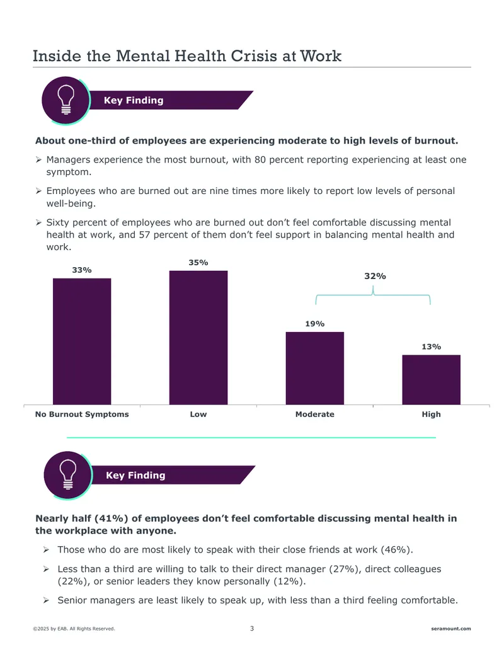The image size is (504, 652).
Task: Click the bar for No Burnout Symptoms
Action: point(82,341)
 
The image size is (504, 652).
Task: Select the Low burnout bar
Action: point(198,338)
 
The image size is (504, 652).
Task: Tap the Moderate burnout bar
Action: point(315,369)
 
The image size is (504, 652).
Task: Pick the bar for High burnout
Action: point(431,380)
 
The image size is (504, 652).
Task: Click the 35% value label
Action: point(198,263)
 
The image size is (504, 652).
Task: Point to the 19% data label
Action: point(315,324)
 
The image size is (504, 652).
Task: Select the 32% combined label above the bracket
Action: point(375,276)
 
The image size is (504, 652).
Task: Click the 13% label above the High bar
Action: point(431,347)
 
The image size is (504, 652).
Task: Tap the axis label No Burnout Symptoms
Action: point(82,415)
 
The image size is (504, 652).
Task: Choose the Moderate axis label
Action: point(315,415)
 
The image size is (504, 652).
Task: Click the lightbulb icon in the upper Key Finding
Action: point(66,100)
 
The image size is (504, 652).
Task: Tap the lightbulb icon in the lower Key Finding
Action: point(68,474)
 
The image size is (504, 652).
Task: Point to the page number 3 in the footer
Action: point(251,628)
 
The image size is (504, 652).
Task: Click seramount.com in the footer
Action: point(451,629)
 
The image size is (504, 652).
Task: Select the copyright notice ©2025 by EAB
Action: point(74,629)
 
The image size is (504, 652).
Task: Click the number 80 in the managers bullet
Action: point(260,159)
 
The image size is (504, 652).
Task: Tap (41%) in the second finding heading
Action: point(112,518)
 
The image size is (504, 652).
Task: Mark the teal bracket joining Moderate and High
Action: point(373,294)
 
